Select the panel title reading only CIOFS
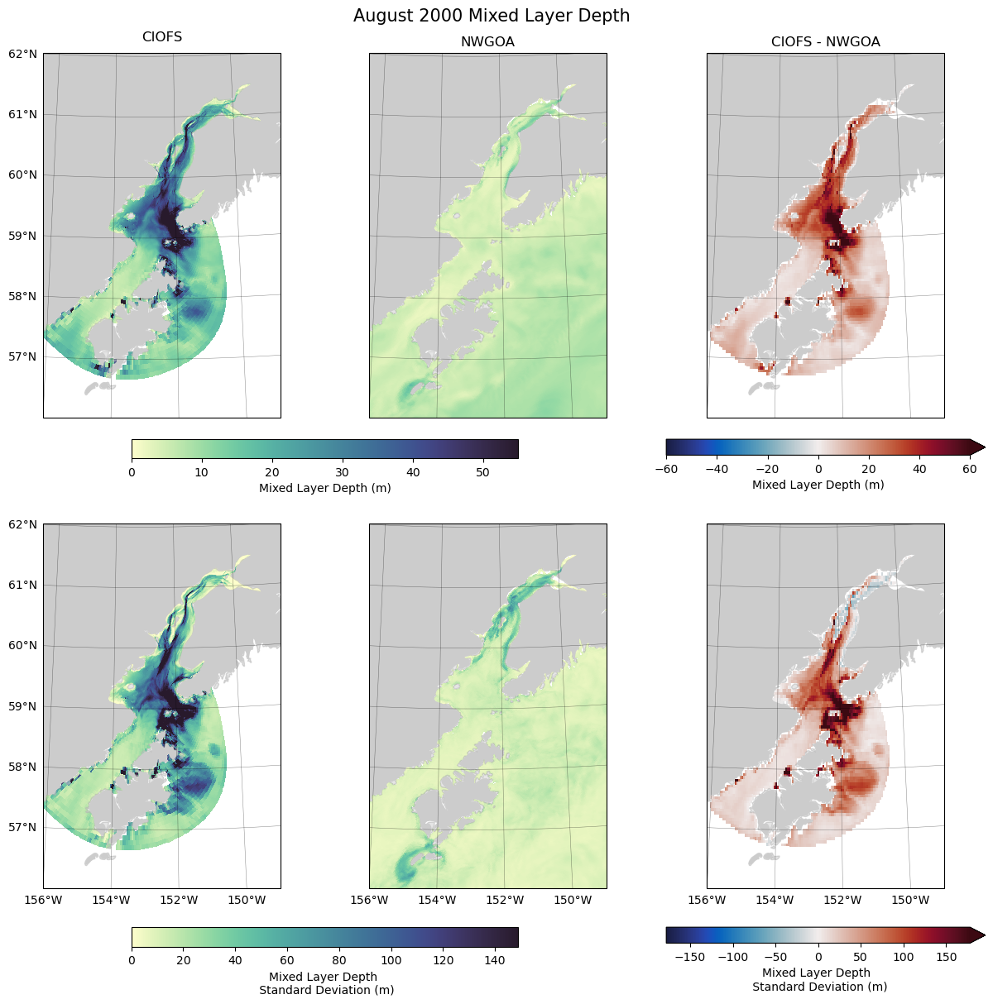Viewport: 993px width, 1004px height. [162, 37]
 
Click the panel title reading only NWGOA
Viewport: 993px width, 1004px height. [487, 42]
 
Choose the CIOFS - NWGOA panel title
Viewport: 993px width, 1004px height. [825, 42]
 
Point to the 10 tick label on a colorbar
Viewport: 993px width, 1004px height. [201, 473]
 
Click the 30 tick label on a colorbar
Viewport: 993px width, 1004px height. [342, 473]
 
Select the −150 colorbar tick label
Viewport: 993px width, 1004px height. [689, 958]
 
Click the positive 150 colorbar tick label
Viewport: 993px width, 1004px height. [946, 958]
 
